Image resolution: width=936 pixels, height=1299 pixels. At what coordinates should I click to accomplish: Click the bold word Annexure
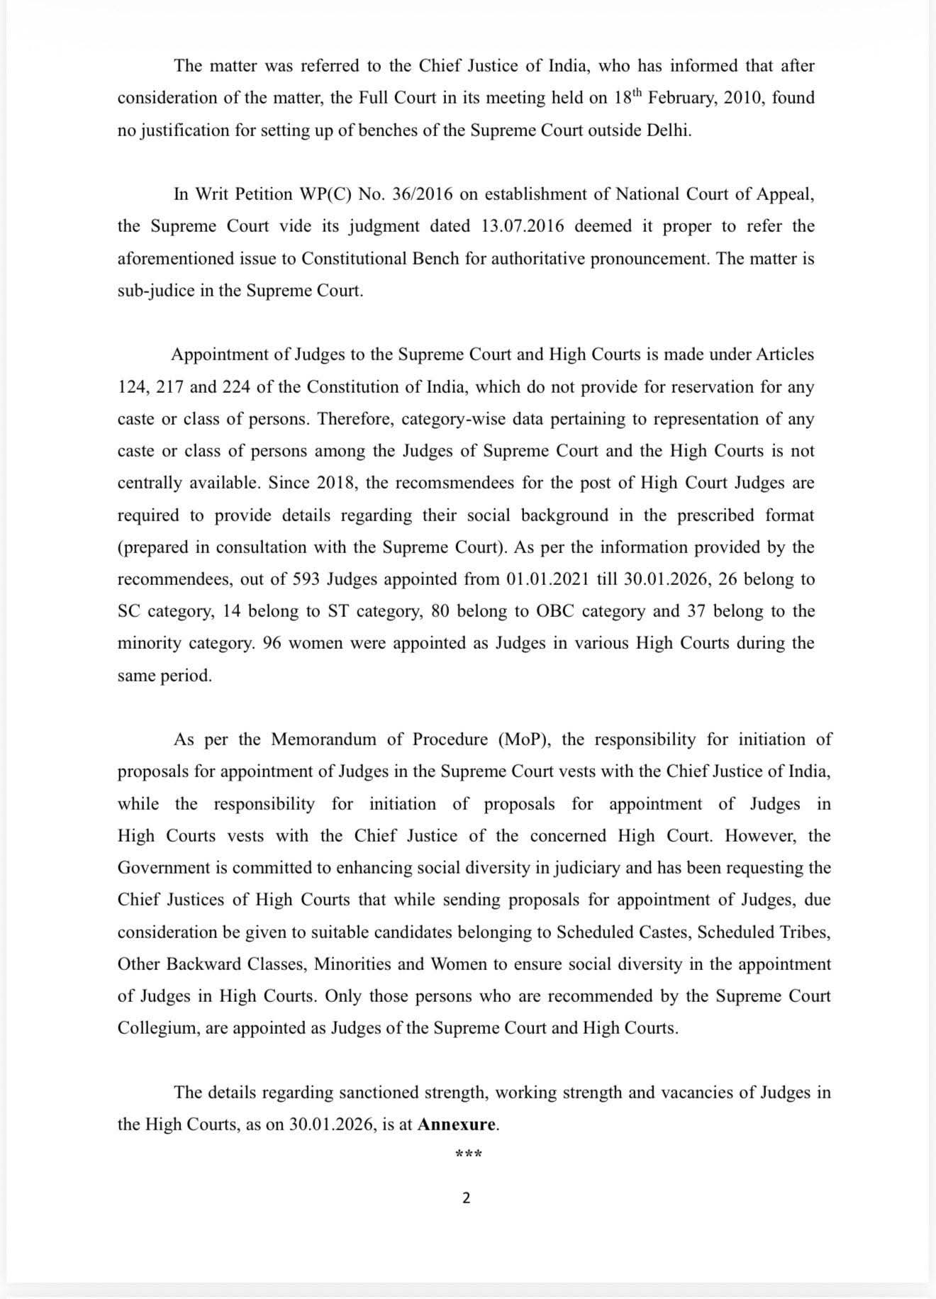click(x=457, y=1125)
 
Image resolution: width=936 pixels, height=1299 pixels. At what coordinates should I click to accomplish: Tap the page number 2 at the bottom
click(x=466, y=1198)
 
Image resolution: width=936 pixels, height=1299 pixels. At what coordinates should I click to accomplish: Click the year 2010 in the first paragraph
click(x=742, y=98)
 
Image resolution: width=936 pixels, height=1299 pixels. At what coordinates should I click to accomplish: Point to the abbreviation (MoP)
click(x=525, y=740)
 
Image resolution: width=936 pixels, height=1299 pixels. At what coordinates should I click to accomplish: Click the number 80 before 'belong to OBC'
click(x=440, y=611)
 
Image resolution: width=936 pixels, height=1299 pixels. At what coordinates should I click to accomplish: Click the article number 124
click(x=132, y=387)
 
